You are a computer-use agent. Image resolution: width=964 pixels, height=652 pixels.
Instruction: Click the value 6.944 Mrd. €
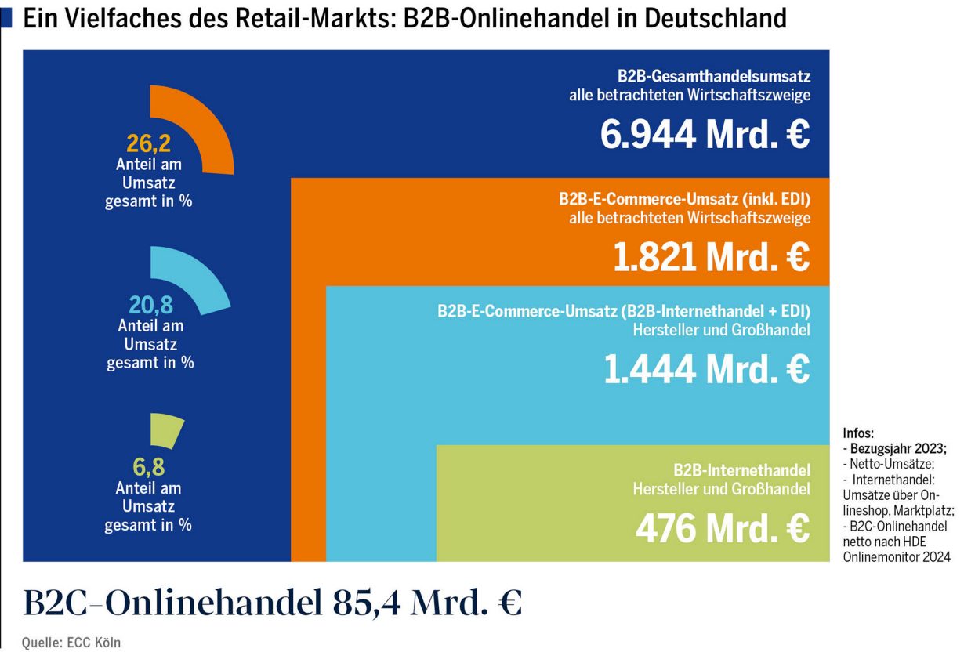pyautogui.click(x=705, y=135)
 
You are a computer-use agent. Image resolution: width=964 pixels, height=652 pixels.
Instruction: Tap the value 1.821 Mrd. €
pyautogui.click(x=711, y=257)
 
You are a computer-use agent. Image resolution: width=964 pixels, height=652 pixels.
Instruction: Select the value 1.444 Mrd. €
pyautogui.click(x=706, y=369)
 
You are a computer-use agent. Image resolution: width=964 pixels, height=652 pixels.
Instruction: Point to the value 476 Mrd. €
pyautogui.click(x=722, y=529)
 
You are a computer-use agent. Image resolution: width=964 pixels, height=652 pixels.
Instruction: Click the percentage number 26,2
pyautogui.click(x=149, y=143)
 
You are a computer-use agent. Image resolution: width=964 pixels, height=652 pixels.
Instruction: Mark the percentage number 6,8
pyautogui.click(x=148, y=468)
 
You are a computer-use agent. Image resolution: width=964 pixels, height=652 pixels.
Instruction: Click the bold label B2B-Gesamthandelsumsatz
pyautogui.click(x=713, y=77)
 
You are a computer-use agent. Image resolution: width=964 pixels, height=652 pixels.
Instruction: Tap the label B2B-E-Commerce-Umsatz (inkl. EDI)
pyautogui.click(x=684, y=198)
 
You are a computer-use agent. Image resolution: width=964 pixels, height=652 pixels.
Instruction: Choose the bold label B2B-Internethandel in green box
pyautogui.click(x=741, y=471)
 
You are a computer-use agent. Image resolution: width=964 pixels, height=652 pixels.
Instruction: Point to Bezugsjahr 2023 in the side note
pyautogui.click(x=897, y=449)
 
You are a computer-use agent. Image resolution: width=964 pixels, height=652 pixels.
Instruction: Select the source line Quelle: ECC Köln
pyautogui.click(x=71, y=643)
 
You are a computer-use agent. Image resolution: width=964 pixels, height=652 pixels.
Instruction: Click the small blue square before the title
pyautogui.click(x=6, y=18)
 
